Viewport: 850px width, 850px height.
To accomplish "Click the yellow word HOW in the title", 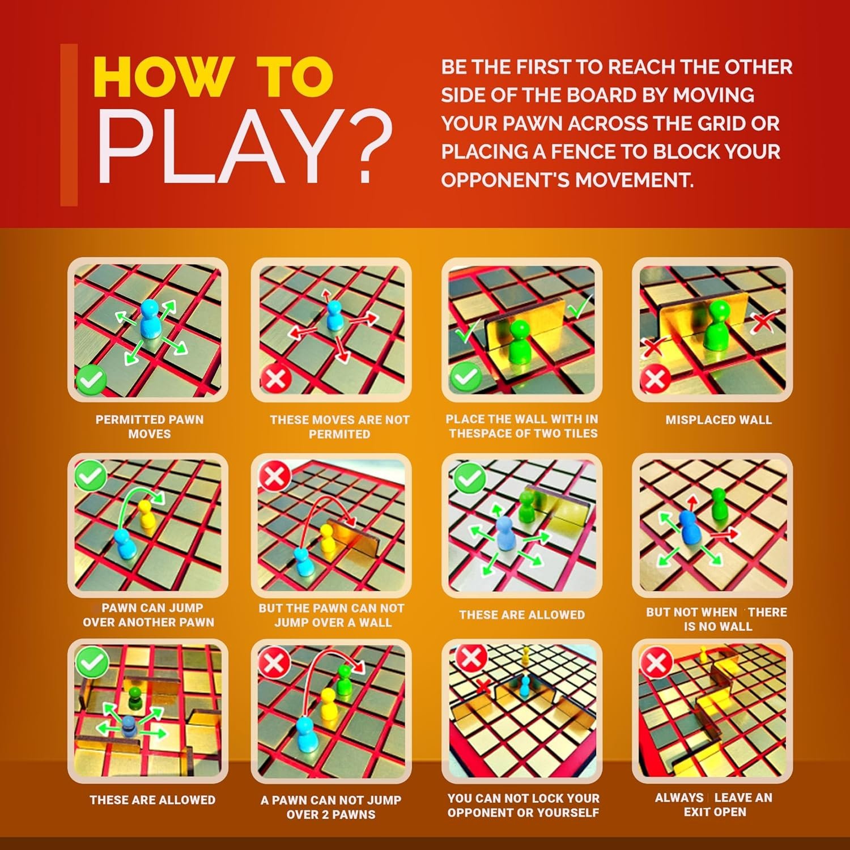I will point(163,78).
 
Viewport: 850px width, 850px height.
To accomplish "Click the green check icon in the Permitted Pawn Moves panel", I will point(91,379).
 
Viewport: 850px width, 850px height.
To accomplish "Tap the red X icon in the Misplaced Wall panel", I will point(655,378).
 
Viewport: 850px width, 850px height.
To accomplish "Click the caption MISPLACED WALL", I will point(718,420).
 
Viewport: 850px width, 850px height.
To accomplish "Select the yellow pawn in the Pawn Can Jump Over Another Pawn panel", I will point(146,515).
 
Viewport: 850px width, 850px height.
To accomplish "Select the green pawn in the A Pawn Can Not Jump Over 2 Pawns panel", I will point(343,681).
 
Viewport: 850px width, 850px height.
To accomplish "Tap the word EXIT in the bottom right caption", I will point(698,812).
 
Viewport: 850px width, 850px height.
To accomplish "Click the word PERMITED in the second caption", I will point(339,434).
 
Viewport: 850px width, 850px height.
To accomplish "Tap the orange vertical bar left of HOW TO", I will point(69,125).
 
